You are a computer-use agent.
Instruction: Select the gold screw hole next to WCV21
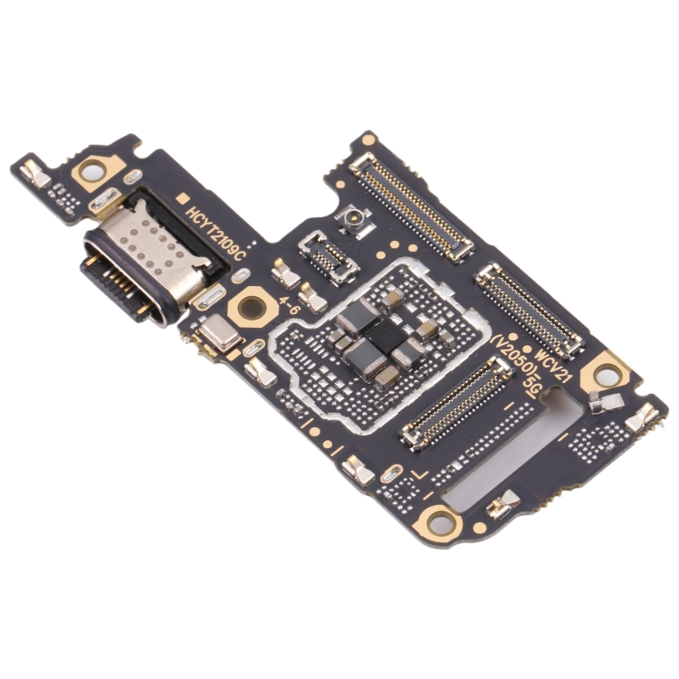[603, 372]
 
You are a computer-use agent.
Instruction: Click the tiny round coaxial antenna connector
[349, 218]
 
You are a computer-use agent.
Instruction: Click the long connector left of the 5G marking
[455, 402]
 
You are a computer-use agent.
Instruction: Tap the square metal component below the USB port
[219, 335]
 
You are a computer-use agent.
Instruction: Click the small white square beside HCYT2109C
[182, 196]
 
